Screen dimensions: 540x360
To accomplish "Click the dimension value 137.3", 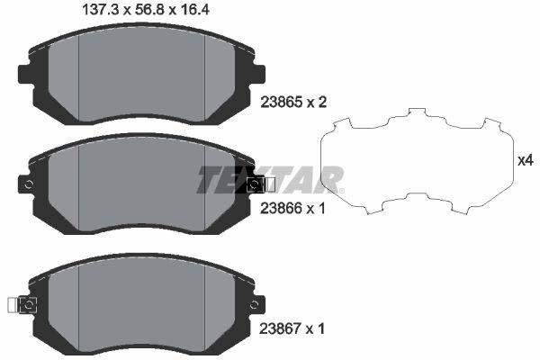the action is coord(101,10).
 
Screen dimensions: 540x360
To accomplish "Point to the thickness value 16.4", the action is coord(193,10).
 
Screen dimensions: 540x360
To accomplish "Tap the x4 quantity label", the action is coord(526,160).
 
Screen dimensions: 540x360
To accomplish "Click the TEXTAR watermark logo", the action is coord(271,180).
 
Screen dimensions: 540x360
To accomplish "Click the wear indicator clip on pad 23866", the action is coord(261,184).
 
